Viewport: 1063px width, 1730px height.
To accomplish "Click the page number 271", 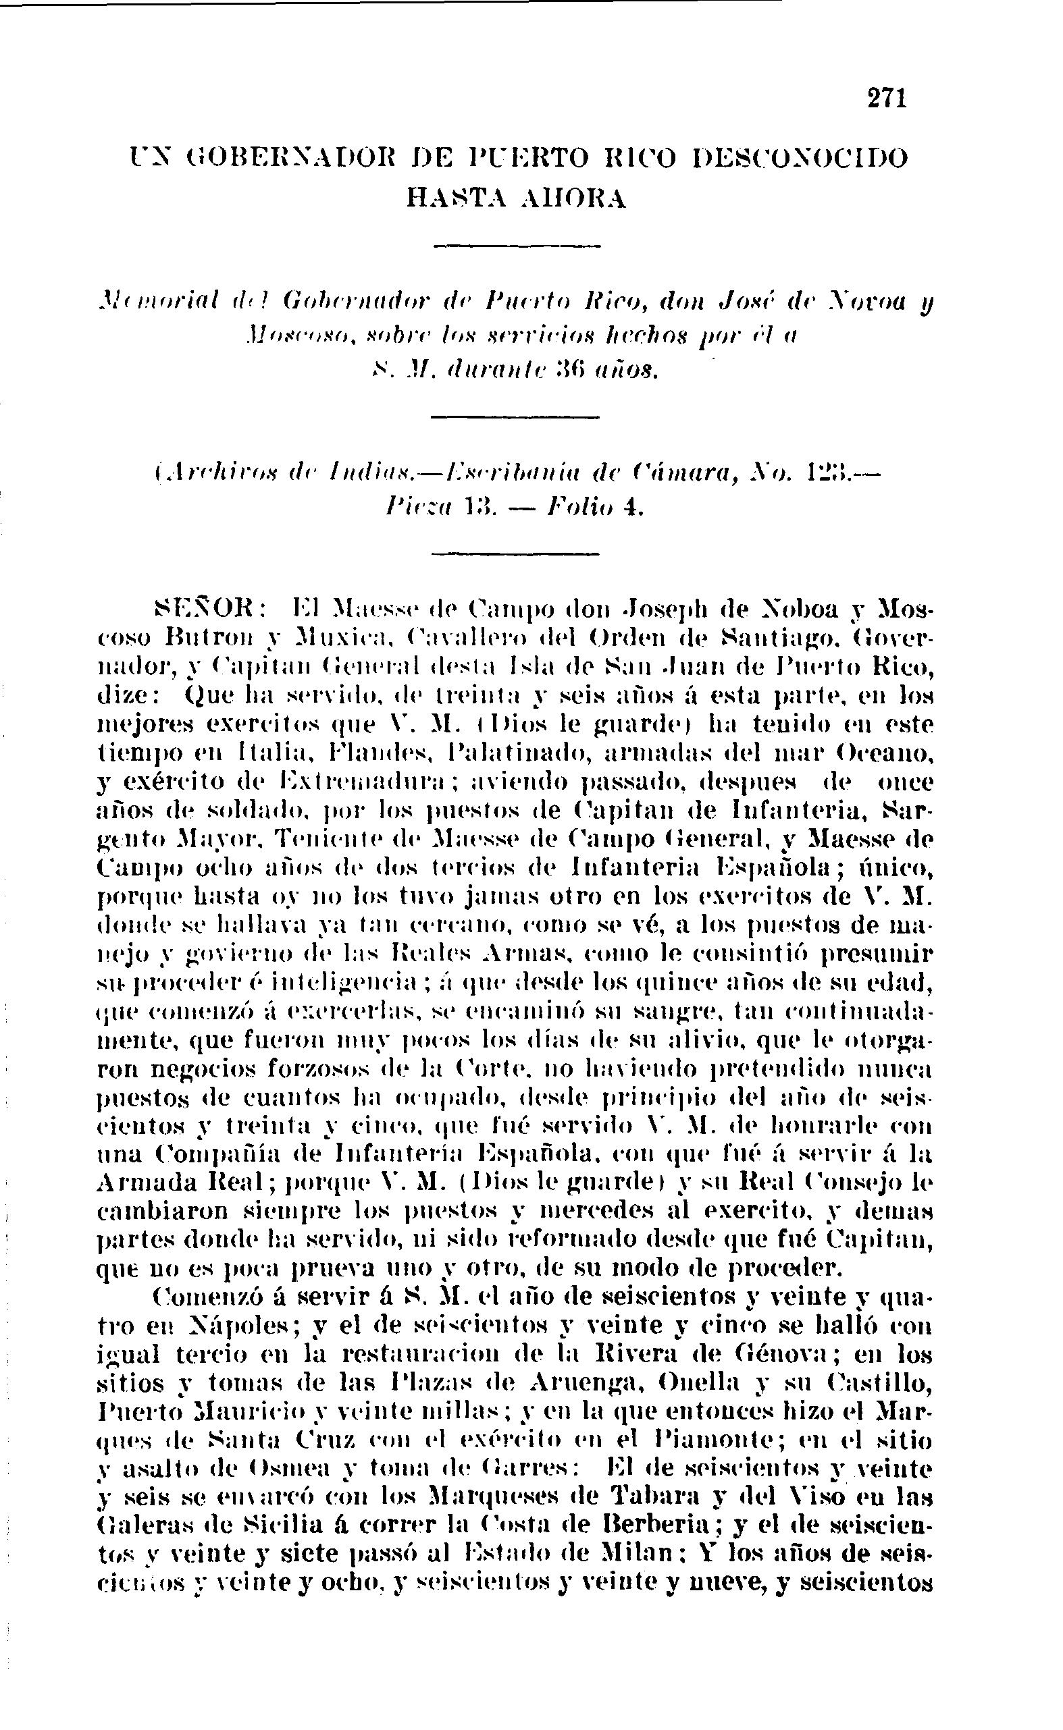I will (x=887, y=97).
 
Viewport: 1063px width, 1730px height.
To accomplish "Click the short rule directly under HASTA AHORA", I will (x=517, y=245).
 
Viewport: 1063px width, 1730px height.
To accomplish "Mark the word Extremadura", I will (x=371, y=782).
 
